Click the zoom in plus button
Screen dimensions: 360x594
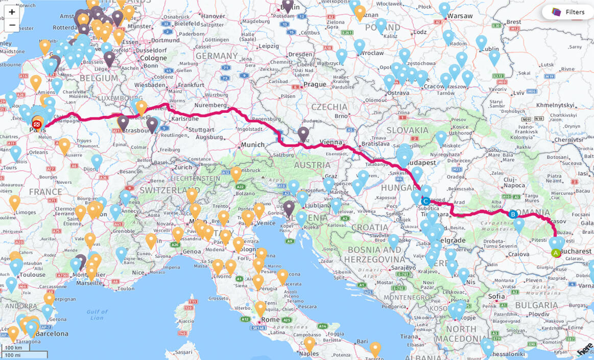[x=12, y=12]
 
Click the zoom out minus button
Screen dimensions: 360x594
[x=12, y=25]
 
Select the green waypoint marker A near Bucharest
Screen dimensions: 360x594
[x=556, y=252]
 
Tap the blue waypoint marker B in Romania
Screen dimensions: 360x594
[x=513, y=214]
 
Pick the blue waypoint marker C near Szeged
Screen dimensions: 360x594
[x=425, y=201]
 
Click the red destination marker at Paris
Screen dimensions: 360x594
[x=37, y=124]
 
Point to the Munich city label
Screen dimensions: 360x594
[x=253, y=145]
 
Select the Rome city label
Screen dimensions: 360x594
[x=270, y=320]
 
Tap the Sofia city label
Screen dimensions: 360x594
[x=497, y=296]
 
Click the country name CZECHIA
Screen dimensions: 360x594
[x=329, y=107]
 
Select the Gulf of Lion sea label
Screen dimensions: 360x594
[x=97, y=315]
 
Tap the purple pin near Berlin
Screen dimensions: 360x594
[x=288, y=5]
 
